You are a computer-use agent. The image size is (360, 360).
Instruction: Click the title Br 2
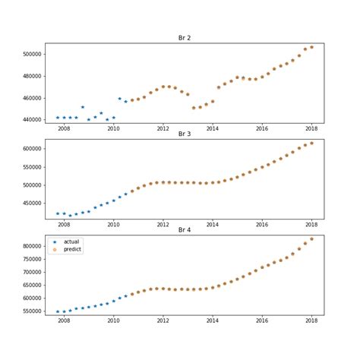(x=185, y=37)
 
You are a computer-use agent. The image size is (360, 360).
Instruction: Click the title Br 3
(x=185, y=134)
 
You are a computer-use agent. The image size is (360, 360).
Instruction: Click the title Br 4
(x=185, y=229)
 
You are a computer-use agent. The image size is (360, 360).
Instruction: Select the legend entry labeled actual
(x=71, y=242)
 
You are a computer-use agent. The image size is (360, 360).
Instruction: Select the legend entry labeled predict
(x=72, y=249)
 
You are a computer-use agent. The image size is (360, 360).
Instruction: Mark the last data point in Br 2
(x=311, y=47)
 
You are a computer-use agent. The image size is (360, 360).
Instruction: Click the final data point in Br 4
(x=311, y=238)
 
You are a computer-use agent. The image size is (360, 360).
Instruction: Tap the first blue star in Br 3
(x=58, y=213)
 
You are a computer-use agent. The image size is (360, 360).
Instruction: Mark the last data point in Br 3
(x=311, y=143)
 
